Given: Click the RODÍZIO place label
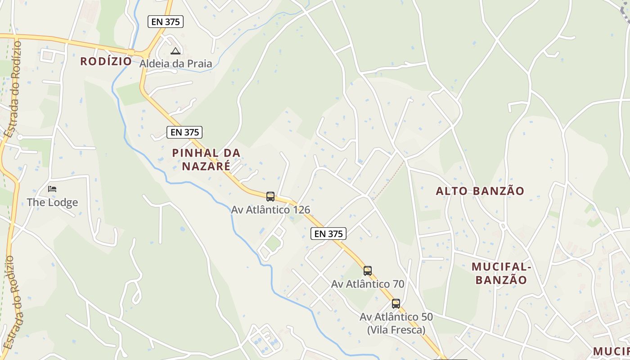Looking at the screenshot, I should pos(106,61).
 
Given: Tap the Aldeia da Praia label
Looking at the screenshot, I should pos(175,63).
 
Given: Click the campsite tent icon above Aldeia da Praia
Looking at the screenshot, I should pos(175,51).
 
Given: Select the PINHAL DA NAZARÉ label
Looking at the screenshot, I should pos(206,159).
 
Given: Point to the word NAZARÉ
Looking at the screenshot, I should pos(206,166).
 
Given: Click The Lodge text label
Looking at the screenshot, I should pos(52,202).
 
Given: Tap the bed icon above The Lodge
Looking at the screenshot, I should pos(52,189).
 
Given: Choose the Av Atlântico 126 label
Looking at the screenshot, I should pos(270,210).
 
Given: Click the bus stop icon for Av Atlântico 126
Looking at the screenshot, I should pos(270,196).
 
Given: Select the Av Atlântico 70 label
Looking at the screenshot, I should pos(368,284).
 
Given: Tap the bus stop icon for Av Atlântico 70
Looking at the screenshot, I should pos(367,270).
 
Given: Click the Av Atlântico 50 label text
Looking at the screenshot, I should pos(396,317).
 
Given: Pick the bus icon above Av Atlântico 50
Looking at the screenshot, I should pos(396,303).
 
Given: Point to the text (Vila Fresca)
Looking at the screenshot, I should pos(396,330).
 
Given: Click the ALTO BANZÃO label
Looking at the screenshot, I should pos(480,191).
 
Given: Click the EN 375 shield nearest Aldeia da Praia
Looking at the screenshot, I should pos(166,21).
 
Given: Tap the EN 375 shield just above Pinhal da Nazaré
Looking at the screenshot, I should pos(184,132).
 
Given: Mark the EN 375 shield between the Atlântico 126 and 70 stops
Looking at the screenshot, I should pos(328,234).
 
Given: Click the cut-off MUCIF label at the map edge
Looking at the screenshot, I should pos(611,351).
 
